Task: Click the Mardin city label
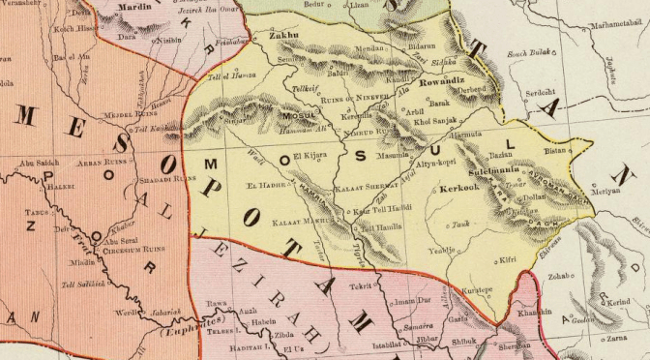coord(135,6)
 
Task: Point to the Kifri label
coord(508,259)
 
